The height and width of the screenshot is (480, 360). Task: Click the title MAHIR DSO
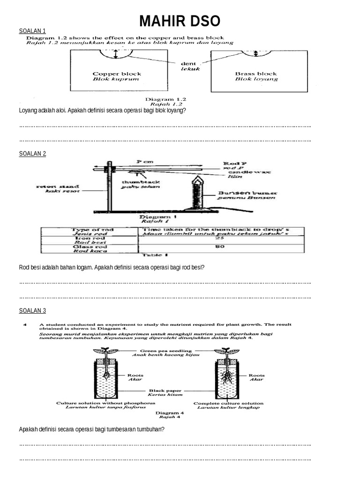coord(180,22)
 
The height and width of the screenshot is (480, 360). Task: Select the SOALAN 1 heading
coord(32,31)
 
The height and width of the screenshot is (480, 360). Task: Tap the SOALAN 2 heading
coord(32,153)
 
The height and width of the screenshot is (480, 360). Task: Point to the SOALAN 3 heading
coord(32,310)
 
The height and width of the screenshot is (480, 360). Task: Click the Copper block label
coord(117,74)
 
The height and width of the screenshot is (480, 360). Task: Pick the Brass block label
coord(256,74)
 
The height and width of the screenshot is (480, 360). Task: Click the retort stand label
coord(52,186)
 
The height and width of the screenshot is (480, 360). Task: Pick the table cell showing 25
coord(222,239)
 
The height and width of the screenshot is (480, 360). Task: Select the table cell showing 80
coord(222,247)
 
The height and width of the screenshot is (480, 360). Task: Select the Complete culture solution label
coord(228,403)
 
